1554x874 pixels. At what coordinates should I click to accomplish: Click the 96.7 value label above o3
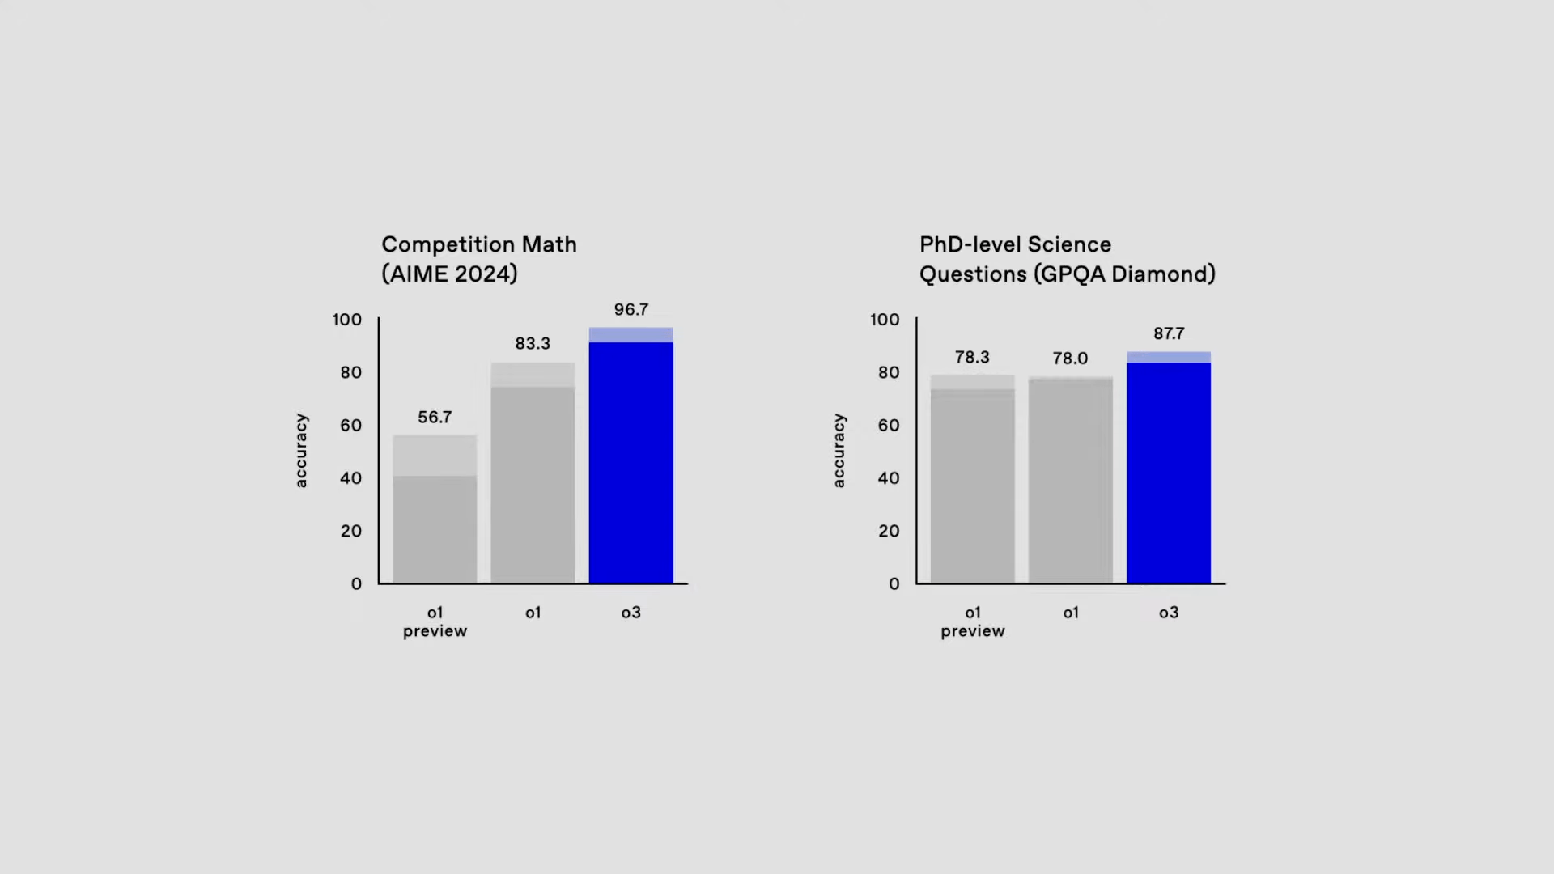coord(631,310)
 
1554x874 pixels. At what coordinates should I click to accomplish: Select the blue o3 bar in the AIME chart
coord(631,461)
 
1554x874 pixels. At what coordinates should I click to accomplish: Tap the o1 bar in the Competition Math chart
coord(533,477)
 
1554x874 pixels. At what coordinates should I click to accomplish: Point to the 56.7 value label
coord(435,418)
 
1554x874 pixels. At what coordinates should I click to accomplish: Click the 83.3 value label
coord(533,344)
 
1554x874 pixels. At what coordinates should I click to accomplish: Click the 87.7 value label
coord(1168,334)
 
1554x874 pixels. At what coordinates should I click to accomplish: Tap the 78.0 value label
coord(1070,359)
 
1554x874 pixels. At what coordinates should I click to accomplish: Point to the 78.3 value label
coord(972,358)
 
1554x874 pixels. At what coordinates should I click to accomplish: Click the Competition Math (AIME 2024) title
coord(479,259)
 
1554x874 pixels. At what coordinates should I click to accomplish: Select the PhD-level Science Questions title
coord(1067,259)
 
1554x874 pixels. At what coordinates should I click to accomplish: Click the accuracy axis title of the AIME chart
coord(301,451)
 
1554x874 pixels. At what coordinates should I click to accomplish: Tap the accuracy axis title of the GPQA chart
coord(839,451)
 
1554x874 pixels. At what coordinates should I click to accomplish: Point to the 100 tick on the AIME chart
coord(346,320)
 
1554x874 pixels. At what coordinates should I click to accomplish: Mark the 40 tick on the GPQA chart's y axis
coord(888,478)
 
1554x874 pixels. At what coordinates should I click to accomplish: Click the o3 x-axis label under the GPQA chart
coord(1168,613)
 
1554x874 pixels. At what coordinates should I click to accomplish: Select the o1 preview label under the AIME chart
coord(435,622)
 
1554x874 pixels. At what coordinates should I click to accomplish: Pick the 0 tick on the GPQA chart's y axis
coord(894,584)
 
